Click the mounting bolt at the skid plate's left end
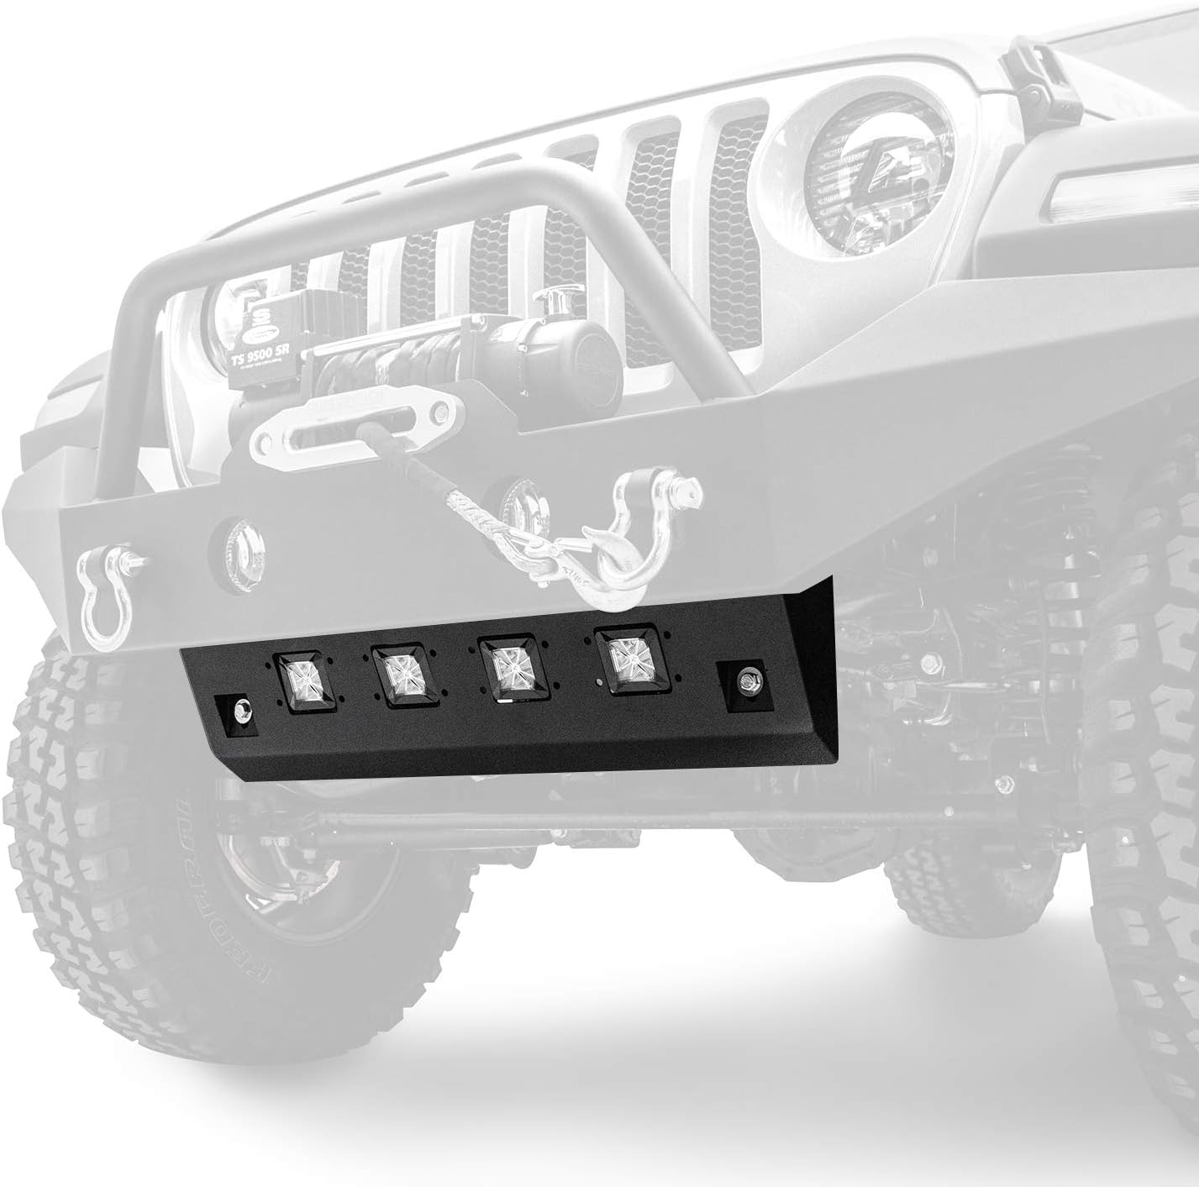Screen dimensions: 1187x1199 [241, 708]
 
